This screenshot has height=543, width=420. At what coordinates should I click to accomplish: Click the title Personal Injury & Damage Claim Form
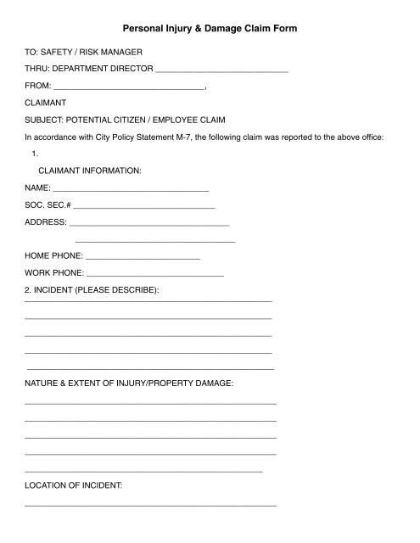click(210, 29)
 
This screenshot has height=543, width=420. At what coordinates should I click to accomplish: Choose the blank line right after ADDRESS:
click(149, 223)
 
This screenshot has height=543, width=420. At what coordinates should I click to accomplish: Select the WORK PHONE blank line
click(155, 273)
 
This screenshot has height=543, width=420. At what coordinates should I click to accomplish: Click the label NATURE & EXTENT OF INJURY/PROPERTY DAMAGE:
click(128, 384)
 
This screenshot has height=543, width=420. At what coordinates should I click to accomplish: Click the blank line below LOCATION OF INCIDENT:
click(151, 506)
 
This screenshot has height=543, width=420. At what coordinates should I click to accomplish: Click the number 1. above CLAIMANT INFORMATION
click(35, 154)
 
